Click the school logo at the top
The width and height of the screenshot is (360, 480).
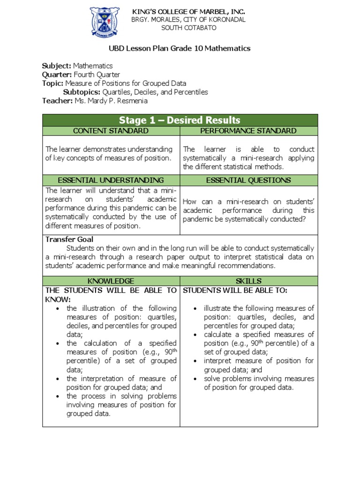pyautogui.click(x=105, y=22)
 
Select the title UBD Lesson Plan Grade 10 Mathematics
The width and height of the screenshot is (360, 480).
pyautogui.click(x=180, y=48)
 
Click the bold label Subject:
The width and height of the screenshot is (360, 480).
pyautogui.click(x=57, y=66)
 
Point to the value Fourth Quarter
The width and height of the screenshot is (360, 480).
pyautogui.click(x=97, y=75)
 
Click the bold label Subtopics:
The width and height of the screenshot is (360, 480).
pyautogui.click(x=82, y=92)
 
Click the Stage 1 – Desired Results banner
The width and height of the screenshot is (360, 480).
pyautogui.click(x=180, y=120)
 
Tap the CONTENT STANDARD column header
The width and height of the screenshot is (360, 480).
pyautogui.click(x=111, y=131)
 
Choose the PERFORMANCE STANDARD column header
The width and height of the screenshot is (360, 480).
pyautogui.click(x=248, y=131)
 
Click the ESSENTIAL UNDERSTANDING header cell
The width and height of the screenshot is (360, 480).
pyautogui.click(x=111, y=180)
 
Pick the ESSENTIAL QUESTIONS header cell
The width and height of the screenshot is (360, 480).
pyautogui.click(x=248, y=180)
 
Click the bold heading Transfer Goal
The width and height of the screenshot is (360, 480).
pyautogui.click(x=69, y=239)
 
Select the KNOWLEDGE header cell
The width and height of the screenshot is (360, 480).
pyautogui.click(x=111, y=281)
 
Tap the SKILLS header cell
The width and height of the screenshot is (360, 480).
pyautogui.click(x=248, y=281)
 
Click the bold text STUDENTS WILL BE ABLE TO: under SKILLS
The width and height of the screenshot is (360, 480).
pyautogui.click(x=235, y=290)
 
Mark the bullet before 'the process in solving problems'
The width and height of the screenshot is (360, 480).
pyautogui.click(x=57, y=396)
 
